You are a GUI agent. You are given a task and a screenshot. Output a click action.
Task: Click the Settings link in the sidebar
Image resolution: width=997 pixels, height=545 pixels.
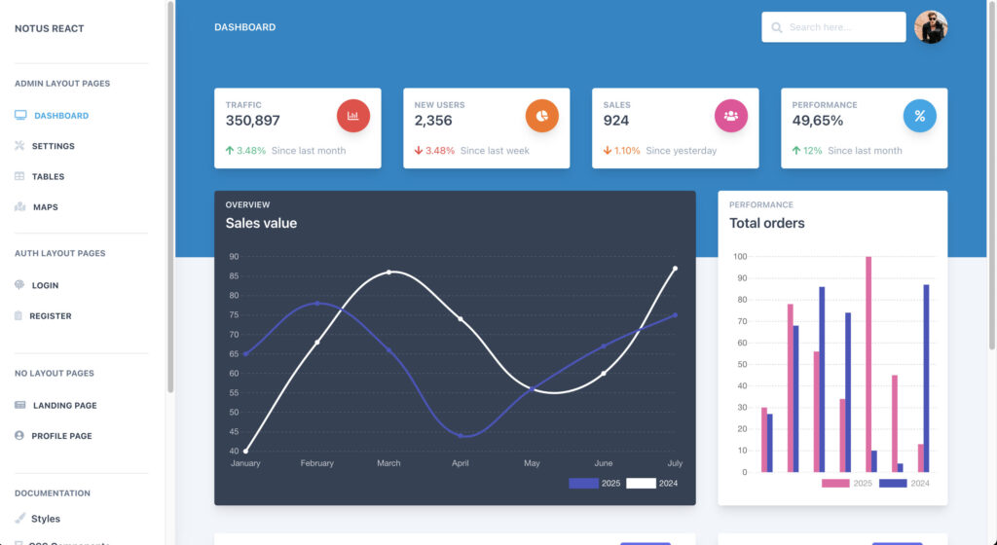pos(53,146)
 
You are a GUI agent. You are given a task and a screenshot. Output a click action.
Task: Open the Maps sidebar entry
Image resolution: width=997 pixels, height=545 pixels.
pos(45,207)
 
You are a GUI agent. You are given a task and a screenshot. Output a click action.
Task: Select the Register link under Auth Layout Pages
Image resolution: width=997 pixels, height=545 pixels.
pos(50,316)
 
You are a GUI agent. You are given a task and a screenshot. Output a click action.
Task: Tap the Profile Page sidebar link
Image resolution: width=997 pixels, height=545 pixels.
pos(61,436)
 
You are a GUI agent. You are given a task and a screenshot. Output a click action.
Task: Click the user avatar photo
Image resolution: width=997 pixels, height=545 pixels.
pos(931,27)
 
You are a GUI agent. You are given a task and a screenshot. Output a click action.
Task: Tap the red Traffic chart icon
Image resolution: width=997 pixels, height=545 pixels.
pos(353,116)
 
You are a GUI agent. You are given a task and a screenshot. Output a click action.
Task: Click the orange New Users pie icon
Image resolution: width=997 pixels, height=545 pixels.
pos(542,116)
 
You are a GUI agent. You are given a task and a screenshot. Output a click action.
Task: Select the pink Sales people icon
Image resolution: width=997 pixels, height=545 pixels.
pos(731,116)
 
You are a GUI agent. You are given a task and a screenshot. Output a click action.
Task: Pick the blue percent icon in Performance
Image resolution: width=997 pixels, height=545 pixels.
pos(919,116)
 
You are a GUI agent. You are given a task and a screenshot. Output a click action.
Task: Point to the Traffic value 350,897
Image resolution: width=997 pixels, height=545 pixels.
pos(252,121)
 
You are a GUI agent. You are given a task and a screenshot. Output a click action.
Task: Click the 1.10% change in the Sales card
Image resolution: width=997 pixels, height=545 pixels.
pos(627,151)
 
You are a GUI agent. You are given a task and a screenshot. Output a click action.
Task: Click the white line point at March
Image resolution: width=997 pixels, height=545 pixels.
pos(389,272)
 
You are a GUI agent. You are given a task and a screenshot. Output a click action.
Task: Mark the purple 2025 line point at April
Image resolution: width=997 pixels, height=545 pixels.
pos(461,435)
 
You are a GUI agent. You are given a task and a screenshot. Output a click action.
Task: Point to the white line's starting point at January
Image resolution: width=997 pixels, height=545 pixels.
pos(245,451)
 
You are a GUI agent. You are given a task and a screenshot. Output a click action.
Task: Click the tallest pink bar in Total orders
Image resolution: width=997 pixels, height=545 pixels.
pos(868,365)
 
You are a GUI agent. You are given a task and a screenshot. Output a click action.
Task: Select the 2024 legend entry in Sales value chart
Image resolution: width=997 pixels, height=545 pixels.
pos(651,483)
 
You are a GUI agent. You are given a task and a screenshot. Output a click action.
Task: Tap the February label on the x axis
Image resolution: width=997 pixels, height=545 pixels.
pos(317,463)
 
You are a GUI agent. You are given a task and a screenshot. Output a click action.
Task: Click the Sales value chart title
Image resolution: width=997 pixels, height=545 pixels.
pos(261,223)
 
